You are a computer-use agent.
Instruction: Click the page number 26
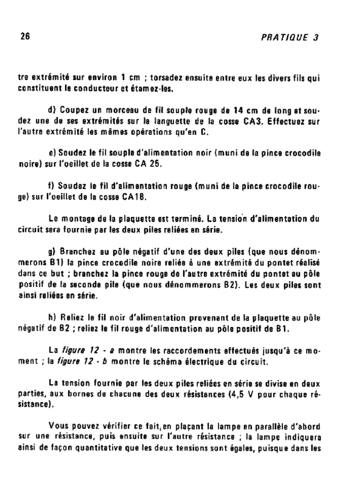click(25, 38)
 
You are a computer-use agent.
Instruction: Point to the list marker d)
click(53, 112)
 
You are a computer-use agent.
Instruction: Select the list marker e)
click(53, 154)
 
